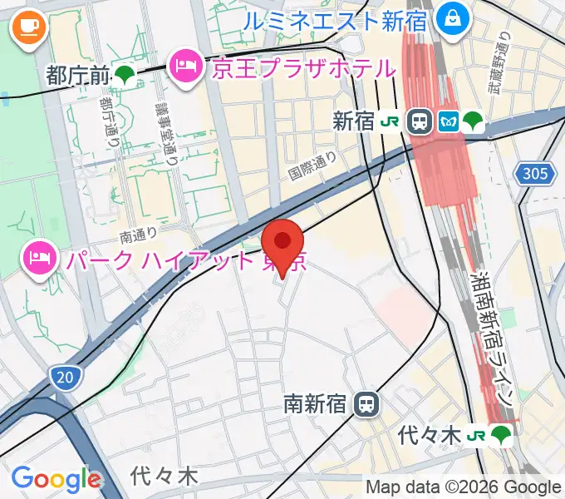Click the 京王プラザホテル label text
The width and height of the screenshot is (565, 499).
coord(302,67)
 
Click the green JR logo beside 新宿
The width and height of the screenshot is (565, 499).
coord(389,121)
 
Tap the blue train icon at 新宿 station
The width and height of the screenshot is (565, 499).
coord(420,121)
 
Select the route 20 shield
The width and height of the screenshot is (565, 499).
coord(64,378)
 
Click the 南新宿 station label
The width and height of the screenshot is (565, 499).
coord(314,406)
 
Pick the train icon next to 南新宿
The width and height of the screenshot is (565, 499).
coord(366,406)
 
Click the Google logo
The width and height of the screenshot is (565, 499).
coord(56,478)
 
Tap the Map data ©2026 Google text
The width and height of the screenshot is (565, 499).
coord(464,487)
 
